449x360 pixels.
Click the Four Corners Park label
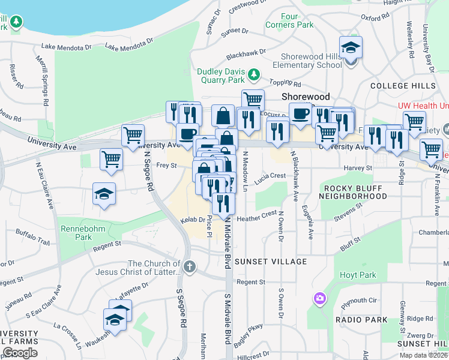pos(289,20)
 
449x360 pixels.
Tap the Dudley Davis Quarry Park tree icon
pos(255,73)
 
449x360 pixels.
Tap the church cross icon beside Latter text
pos(190,266)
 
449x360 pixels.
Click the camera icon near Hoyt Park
pos(319,298)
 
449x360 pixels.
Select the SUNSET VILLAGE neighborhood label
pos(270,262)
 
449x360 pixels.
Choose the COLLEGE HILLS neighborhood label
pos(403,86)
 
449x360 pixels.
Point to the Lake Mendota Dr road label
pos(66,46)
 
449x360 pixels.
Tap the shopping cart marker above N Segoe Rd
pos(133,135)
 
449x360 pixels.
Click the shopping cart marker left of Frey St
pos(111,160)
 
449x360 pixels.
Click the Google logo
pos(20,352)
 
